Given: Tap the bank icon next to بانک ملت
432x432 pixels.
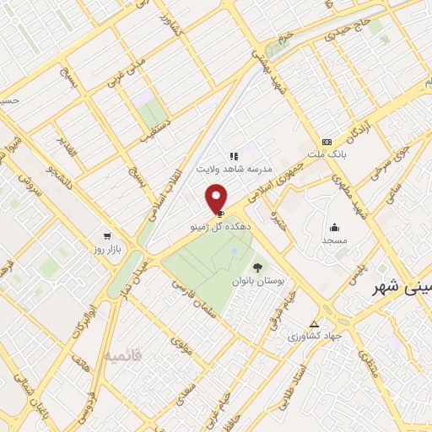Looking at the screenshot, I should [x=327, y=142].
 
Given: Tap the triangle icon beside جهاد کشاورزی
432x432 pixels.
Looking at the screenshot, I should [x=314, y=324].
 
